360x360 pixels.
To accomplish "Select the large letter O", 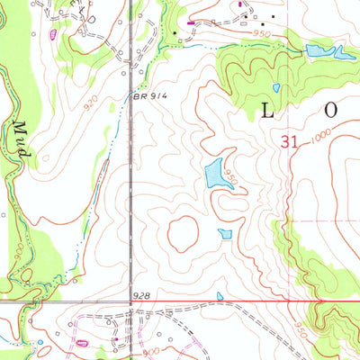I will [331, 110].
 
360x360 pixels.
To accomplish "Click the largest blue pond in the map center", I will [214, 173].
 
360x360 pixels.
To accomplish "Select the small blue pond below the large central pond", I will [224, 234].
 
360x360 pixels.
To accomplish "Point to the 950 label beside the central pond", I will [231, 178].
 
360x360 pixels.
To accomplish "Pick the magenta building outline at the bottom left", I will [84, 342].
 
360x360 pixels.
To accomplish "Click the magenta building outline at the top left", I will [53, 34].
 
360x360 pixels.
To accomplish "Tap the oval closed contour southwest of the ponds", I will [184, 234].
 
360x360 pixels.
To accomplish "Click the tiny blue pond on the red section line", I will [220, 296].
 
